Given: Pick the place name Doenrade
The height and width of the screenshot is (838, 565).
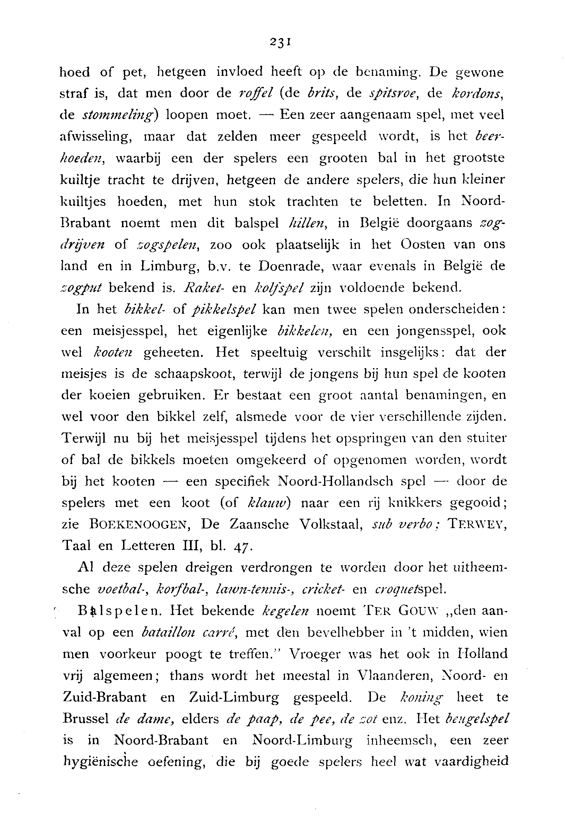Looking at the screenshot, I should point(286,266).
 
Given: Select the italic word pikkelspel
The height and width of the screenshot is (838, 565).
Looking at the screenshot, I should point(225,309).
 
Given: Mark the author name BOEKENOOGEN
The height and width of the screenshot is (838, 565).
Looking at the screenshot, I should point(140,525).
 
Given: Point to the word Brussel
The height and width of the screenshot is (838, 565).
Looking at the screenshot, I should point(86,719).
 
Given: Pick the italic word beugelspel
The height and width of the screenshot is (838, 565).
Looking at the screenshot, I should point(477,719).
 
